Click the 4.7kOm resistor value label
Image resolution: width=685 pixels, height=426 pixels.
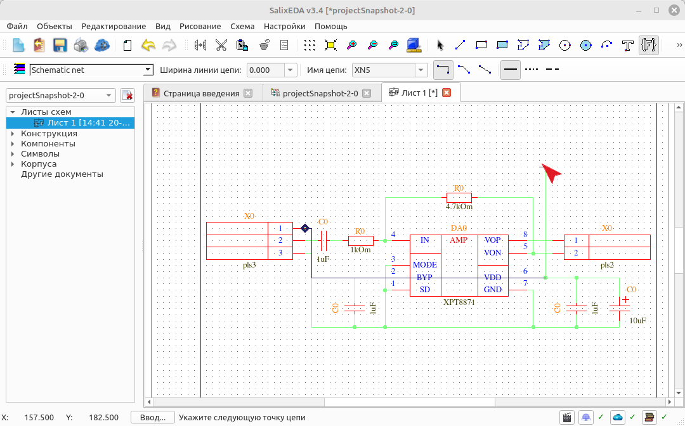pyautogui.click(x=459, y=207)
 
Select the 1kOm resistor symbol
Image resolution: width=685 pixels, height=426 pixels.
pyautogui.click(x=361, y=240)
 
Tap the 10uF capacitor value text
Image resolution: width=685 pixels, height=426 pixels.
pyautogui.click(x=637, y=320)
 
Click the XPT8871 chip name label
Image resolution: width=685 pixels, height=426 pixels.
pyautogui.click(x=459, y=302)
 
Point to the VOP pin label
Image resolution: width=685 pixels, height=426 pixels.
pyautogui.click(x=492, y=240)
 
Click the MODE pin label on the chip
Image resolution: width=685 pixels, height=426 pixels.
pyautogui.click(x=424, y=265)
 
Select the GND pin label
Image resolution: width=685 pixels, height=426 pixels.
pyautogui.click(x=492, y=289)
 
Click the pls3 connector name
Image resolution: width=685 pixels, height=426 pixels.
pyautogui.click(x=249, y=265)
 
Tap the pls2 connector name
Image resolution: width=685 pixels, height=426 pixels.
pyautogui.click(x=607, y=265)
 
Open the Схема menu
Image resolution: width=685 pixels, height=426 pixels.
pyautogui.click(x=242, y=26)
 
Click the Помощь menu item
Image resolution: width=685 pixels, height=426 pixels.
pyautogui.click(x=330, y=26)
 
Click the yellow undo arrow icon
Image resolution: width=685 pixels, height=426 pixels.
pyautogui.click(x=148, y=45)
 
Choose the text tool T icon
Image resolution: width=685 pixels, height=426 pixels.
pyautogui.click(x=627, y=45)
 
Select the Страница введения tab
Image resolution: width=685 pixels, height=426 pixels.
pyautogui.click(x=202, y=93)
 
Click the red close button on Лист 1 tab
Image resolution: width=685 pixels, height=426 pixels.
pyautogui.click(x=447, y=93)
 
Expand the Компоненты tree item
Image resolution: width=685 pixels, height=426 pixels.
pyautogui.click(x=13, y=144)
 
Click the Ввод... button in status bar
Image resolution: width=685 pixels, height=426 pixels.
pyautogui.click(x=152, y=417)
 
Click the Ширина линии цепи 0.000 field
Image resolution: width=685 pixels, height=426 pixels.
pyautogui.click(x=266, y=70)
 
